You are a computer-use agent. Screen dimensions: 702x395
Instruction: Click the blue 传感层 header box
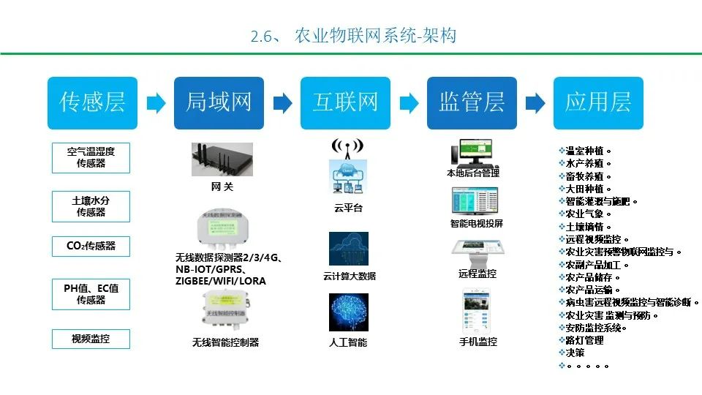(x=93, y=103)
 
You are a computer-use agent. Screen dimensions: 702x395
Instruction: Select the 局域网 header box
(x=219, y=103)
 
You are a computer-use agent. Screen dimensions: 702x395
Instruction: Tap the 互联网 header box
(x=346, y=103)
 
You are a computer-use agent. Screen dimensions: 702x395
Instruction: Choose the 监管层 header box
(x=472, y=103)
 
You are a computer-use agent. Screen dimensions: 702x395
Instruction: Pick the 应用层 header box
(x=598, y=103)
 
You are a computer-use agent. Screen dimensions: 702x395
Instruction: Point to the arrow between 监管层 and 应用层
(x=535, y=103)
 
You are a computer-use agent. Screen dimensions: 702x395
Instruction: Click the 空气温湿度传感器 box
(x=91, y=157)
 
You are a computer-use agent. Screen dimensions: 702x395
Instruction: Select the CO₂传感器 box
(x=91, y=247)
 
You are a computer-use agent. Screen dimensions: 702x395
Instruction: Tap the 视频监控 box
(x=91, y=339)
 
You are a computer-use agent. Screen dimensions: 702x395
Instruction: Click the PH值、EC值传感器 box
(x=91, y=294)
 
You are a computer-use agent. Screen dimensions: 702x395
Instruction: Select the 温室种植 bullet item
(x=584, y=151)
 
